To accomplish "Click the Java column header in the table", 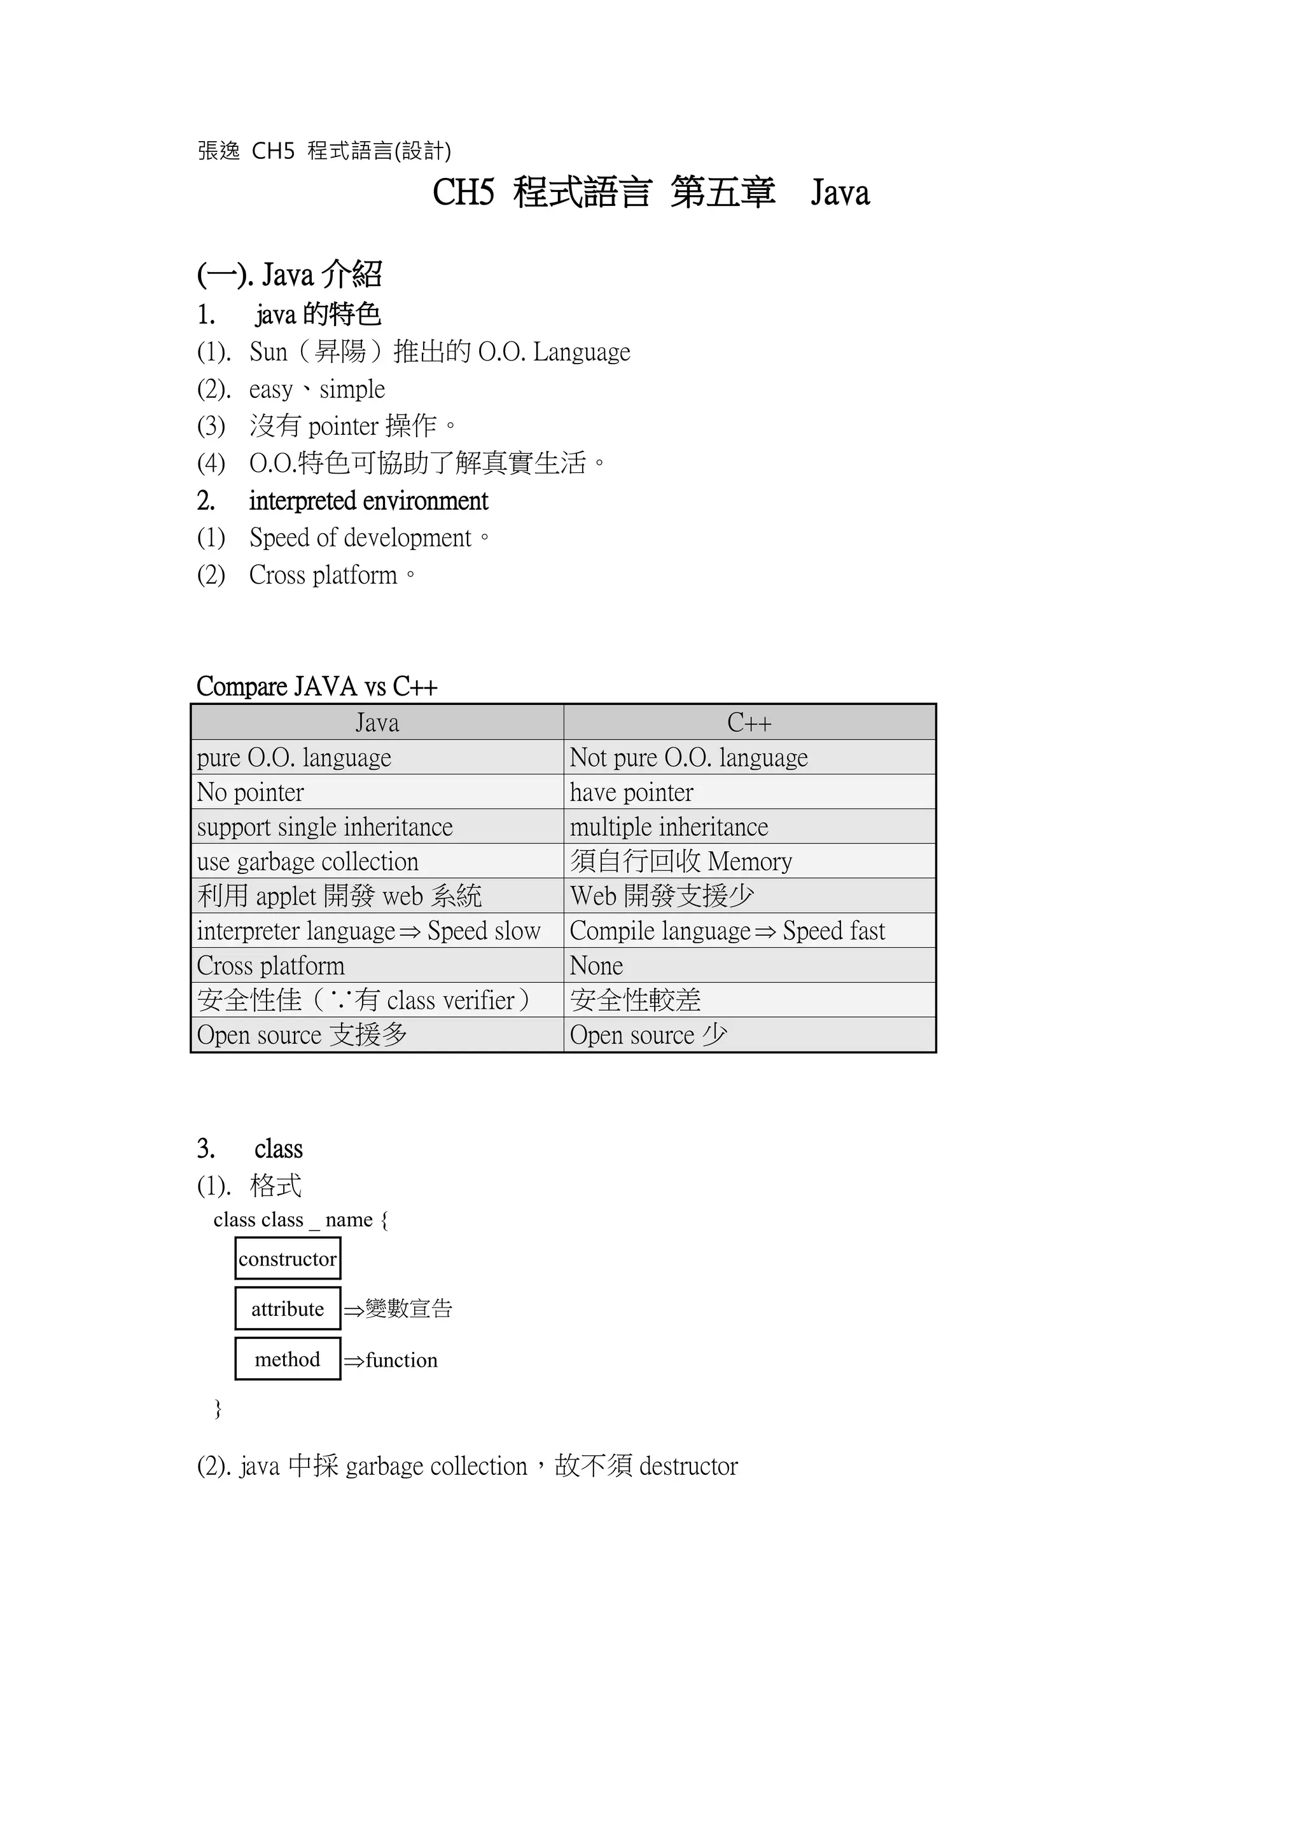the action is click(377, 722).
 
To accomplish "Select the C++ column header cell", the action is click(749, 722).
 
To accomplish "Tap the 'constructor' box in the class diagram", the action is click(287, 1259).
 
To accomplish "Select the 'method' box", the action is click(287, 1360).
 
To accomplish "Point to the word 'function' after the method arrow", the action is click(401, 1360).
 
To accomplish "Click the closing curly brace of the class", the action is click(218, 1408).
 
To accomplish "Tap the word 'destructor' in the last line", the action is click(688, 1467).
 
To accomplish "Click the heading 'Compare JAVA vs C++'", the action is click(317, 687).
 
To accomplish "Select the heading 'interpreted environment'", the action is click(368, 501).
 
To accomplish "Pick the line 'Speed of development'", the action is click(360, 538).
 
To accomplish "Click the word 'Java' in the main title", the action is click(840, 193).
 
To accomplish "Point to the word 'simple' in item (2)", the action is click(352, 390).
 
